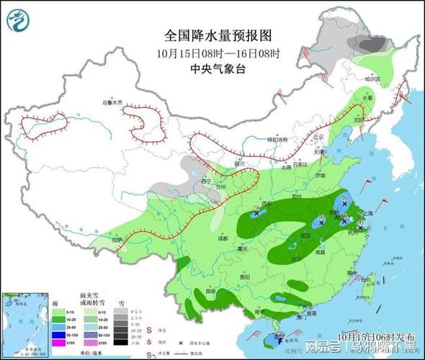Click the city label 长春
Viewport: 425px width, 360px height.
tap(367, 97)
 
